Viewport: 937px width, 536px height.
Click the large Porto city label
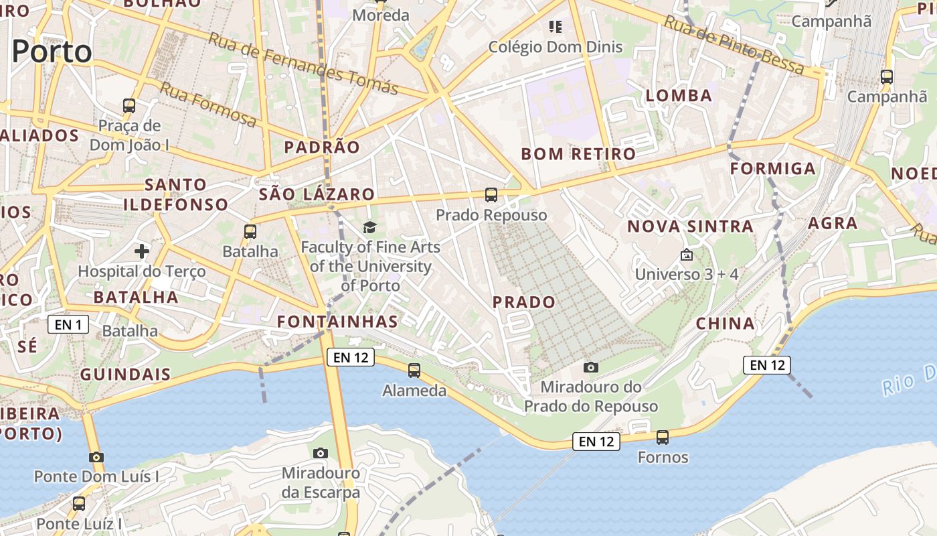pyautogui.click(x=52, y=52)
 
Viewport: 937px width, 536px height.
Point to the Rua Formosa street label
pyautogui.click(x=208, y=104)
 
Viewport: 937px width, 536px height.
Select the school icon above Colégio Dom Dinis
pyautogui.click(x=555, y=27)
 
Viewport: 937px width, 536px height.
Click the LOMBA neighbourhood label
pyautogui.click(x=679, y=96)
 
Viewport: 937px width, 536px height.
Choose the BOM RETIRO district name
pyautogui.click(x=578, y=154)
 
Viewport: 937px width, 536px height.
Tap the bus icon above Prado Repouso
pyautogui.click(x=491, y=195)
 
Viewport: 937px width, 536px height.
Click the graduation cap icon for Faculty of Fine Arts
pyautogui.click(x=370, y=228)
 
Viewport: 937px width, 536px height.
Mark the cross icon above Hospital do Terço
pyautogui.click(x=142, y=251)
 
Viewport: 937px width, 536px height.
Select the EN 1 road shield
pyautogui.click(x=68, y=325)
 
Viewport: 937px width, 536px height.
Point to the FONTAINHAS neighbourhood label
pyautogui.click(x=338, y=322)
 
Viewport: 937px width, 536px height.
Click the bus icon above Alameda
pyautogui.click(x=414, y=370)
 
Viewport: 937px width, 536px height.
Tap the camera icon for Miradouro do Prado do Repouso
pyautogui.click(x=590, y=367)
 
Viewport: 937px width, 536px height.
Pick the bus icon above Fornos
pyautogui.click(x=663, y=438)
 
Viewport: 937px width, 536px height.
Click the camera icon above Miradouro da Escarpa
pyautogui.click(x=321, y=453)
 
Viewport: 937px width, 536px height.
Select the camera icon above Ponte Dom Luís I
pyautogui.click(x=96, y=458)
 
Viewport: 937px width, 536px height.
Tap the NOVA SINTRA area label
pyautogui.click(x=690, y=226)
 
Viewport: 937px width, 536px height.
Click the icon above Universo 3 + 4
pyautogui.click(x=686, y=255)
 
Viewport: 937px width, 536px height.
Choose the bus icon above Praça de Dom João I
pyautogui.click(x=129, y=105)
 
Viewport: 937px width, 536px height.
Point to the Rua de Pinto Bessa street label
pyautogui.click(x=734, y=45)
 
